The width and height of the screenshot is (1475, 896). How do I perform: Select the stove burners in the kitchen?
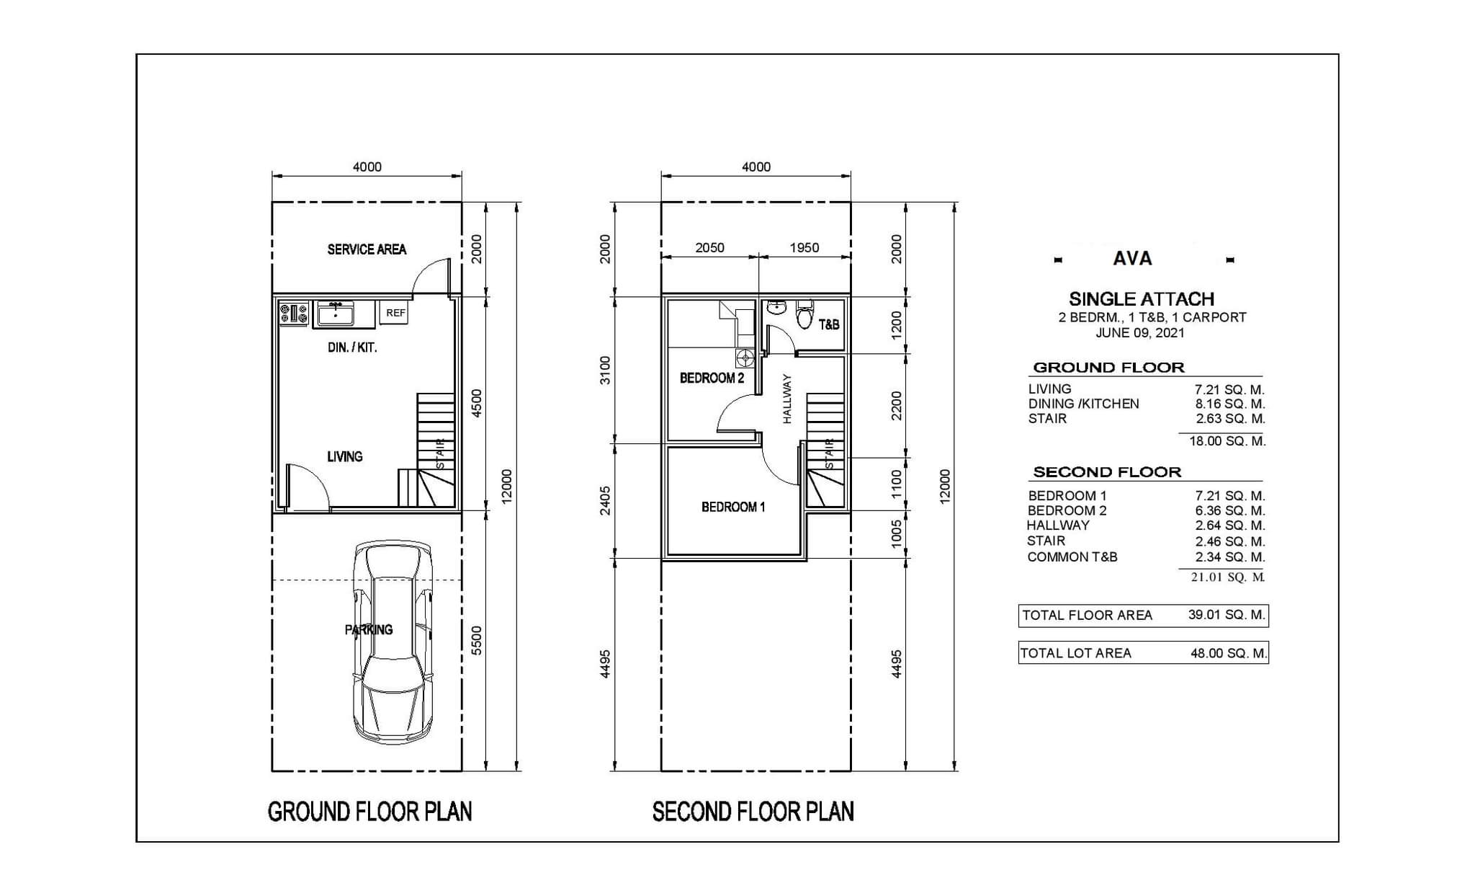(294, 314)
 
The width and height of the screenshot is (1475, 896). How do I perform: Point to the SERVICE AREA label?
(367, 249)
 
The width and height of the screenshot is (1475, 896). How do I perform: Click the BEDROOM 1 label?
(733, 507)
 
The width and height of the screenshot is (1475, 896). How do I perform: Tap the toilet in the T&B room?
(804, 314)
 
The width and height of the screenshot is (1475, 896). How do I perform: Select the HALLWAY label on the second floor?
(786, 399)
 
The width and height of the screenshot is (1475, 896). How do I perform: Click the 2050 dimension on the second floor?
(709, 247)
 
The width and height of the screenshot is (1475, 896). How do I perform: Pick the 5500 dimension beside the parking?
(476, 640)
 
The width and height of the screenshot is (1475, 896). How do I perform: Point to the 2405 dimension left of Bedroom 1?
(606, 500)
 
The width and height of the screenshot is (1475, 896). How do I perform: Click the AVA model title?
(1132, 258)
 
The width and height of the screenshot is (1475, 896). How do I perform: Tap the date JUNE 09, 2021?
(1140, 332)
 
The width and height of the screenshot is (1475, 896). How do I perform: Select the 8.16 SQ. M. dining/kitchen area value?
(1230, 404)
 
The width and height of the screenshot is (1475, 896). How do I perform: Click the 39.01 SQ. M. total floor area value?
(1227, 615)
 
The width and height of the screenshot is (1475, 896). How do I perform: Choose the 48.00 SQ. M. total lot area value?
(1228, 653)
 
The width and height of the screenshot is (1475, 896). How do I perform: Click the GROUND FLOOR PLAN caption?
(369, 812)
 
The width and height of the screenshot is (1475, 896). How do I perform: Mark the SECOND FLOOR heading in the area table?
(1107, 472)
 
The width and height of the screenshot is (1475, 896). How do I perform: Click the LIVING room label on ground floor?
(345, 456)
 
